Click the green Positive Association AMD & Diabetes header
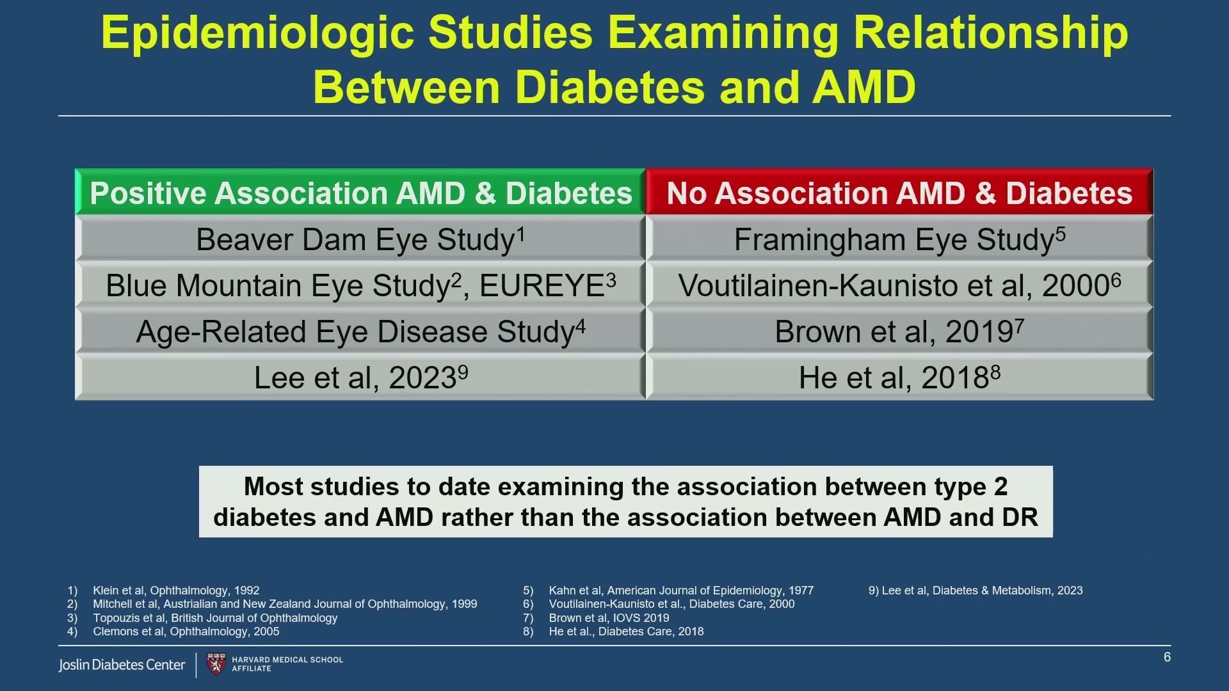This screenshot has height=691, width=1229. (360, 192)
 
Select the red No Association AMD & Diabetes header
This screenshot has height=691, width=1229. (899, 192)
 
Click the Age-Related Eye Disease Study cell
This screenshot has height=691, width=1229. (360, 330)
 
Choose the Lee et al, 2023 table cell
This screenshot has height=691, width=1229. (360, 377)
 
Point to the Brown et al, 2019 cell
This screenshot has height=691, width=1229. (899, 330)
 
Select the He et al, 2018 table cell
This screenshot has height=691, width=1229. (899, 377)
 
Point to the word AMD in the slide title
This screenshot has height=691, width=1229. (864, 87)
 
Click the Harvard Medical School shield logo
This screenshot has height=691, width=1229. (216, 664)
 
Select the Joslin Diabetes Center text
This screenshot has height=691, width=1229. (122, 665)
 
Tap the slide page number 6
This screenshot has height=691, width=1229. (1167, 657)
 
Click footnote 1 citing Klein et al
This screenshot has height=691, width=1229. (163, 591)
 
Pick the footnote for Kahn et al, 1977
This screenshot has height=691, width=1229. (668, 591)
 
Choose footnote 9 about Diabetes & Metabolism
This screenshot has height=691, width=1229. (976, 591)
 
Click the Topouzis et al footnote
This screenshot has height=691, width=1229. (202, 618)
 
